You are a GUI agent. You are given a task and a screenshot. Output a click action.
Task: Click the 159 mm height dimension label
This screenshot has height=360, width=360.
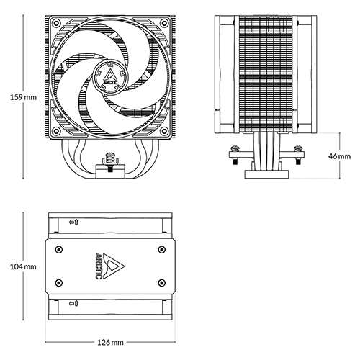point(23,97)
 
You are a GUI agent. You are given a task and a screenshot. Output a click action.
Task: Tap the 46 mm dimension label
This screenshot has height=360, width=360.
point(339,156)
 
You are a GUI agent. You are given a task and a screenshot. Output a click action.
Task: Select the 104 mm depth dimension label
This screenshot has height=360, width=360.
point(23,266)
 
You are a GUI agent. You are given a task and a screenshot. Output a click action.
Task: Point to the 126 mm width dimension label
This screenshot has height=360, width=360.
point(110,342)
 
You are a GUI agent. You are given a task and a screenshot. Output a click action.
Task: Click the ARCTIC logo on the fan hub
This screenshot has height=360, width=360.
point(110,77)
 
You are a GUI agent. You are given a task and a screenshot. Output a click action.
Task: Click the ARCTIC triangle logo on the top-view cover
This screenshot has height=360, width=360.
point(110,266)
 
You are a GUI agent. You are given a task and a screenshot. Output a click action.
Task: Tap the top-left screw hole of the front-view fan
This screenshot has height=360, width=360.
point(56,23)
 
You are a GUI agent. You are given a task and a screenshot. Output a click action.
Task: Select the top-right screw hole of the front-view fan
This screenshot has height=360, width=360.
point(164,23)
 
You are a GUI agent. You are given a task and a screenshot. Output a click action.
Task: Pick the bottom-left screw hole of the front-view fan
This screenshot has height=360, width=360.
point(56,131)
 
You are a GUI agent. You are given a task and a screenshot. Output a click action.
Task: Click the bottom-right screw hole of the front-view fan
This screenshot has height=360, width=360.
point(164,131)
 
